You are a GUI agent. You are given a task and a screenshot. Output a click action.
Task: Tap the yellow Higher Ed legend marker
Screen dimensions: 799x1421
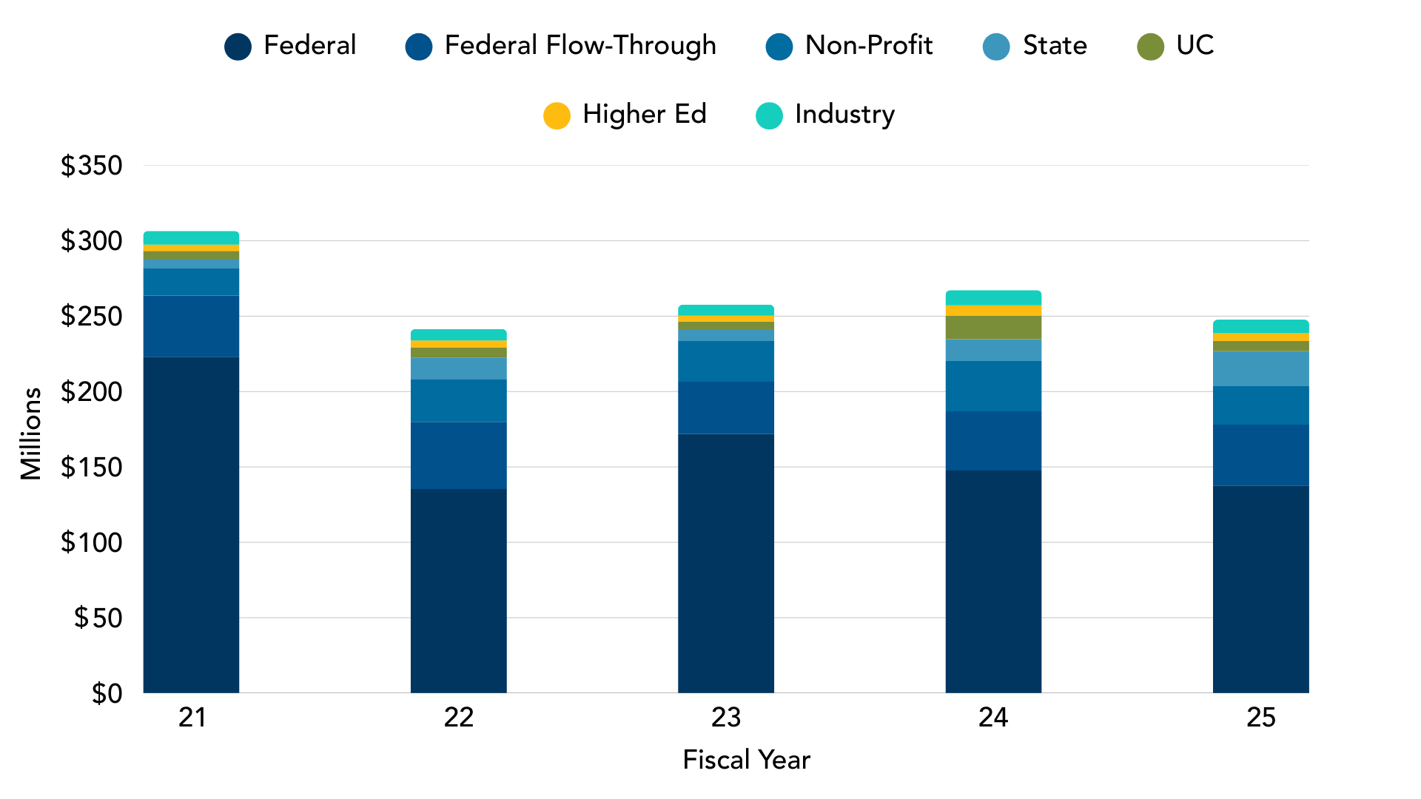coord(557,115)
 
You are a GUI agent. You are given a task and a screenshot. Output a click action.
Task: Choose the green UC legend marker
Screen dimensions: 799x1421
coord(1150,47)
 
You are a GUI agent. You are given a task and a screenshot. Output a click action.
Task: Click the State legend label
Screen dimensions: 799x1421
coord(1054,46)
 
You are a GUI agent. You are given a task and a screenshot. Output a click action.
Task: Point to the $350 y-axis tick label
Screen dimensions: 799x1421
coord(92,166)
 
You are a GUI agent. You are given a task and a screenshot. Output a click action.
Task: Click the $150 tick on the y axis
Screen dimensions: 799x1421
coord(92,468)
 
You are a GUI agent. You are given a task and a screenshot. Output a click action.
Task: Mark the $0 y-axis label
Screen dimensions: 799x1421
coord(107,693)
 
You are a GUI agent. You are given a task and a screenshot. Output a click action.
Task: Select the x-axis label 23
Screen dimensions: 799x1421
coord(726,718)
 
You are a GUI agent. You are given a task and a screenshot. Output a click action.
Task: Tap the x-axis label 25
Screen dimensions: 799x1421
coord(1260,718)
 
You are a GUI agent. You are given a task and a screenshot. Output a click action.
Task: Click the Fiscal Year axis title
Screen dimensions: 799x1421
coord(746,760)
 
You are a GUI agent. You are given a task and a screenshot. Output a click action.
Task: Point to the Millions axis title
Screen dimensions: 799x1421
coord(31,434)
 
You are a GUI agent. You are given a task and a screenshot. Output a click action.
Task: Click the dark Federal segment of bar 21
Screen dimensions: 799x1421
coord(191,525)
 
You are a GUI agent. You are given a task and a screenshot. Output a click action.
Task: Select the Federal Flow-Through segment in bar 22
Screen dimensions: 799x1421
coord(458,455)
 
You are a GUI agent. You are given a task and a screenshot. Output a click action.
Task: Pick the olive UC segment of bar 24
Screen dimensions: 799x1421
coord(993,327)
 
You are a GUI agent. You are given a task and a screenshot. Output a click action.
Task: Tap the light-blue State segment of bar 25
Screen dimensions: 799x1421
coord(1260,368)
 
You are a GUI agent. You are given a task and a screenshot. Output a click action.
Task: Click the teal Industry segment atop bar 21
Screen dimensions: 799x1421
coord(191,237)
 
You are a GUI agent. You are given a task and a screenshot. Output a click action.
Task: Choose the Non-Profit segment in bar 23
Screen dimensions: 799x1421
coord(726,361)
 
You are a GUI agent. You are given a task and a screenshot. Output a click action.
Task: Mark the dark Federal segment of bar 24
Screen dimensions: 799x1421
coord(993,581)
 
